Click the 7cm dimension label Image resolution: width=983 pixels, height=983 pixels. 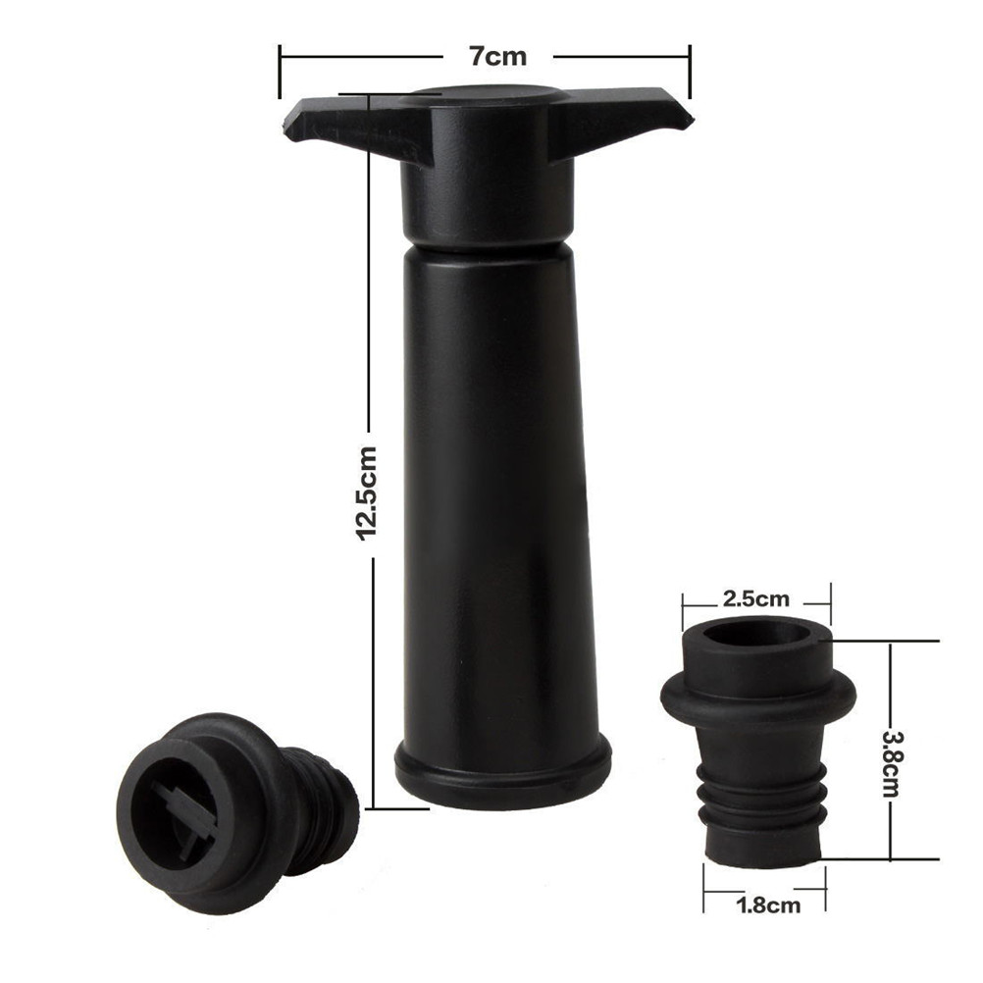point(498,57)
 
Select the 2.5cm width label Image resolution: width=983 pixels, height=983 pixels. point(756,598)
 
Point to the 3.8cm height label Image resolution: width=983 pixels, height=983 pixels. point(891,762)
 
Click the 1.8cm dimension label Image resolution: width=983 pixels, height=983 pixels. point(768,905)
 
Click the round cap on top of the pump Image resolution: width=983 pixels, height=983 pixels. point(488,98)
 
